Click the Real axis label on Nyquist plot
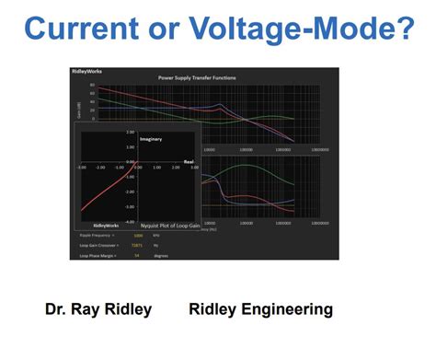coord(188,161)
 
